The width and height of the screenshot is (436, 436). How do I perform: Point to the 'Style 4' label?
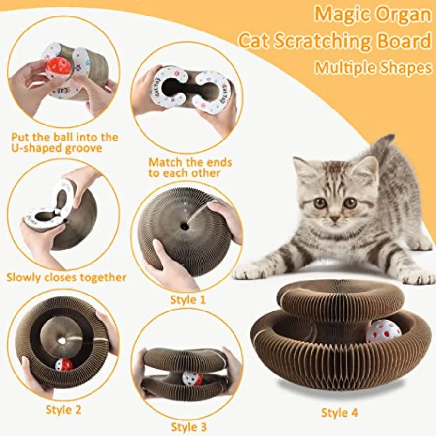[x=340, y=413]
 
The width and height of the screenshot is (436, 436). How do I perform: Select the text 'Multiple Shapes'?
[x=373, y=67]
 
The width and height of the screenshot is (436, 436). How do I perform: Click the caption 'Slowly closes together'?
[x=66, y=278]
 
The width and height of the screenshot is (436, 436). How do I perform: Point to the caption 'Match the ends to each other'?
[x=190, y=167]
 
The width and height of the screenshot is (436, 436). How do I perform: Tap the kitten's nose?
[x=335, y=219]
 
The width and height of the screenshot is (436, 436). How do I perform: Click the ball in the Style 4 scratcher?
[x=383, y=331]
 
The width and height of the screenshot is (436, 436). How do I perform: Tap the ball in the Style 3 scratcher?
[x=192, y=378]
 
